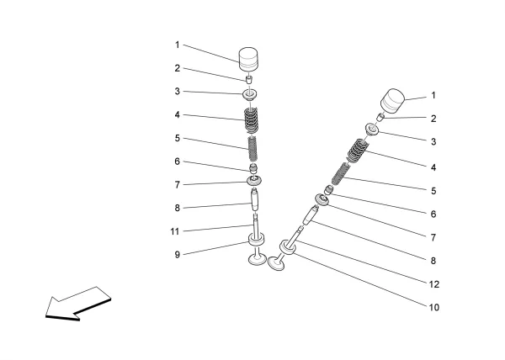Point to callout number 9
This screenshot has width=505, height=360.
click(178, 253)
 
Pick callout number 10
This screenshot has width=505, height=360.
click(433, 308)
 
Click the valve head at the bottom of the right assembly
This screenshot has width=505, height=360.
click(279, 266)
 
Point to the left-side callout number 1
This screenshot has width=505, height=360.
click(178, 45)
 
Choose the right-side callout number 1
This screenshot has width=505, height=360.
click(433, 97)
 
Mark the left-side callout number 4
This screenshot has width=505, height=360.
click(178, 115)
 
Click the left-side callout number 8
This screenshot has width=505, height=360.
click(178, 207)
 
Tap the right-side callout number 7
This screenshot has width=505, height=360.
click(433, 238)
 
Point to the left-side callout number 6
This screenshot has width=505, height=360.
click(178, 161)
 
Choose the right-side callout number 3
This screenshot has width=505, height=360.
click(433, 143)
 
